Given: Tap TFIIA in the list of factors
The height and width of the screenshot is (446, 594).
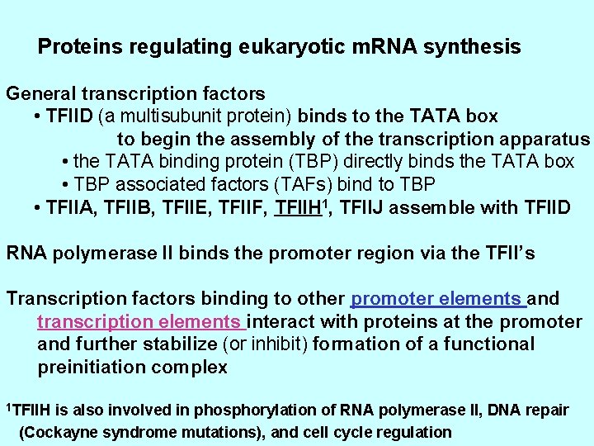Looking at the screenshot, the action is [70, 206].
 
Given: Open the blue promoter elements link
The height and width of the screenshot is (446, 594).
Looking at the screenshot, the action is [437, 298].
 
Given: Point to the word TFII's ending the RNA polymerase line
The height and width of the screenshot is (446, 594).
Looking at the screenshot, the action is [505, 253].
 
